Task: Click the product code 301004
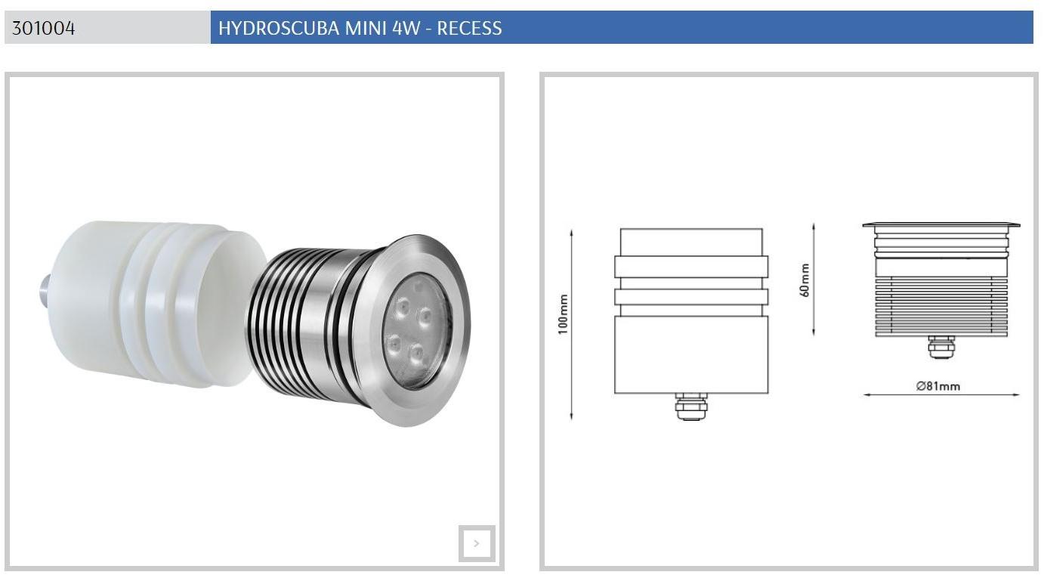click(43, 29)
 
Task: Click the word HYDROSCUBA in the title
click(279, 29)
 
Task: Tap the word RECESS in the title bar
click(469, 29)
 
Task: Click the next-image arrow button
click(477, 543)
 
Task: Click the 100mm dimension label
click(563, 314)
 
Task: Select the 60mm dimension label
click(805, 280)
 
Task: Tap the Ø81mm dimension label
click(937, 386)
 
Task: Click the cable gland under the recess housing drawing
click(691, 407)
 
